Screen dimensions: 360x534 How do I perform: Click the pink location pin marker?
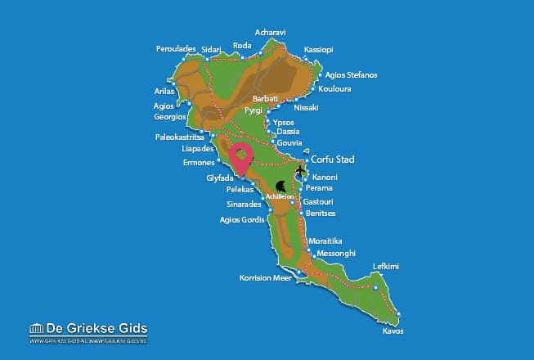coord(241,155)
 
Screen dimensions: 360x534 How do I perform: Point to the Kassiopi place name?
coord(318,50)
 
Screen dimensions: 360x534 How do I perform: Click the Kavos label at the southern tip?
coord(393,331)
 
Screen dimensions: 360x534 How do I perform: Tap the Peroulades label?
coord(176,49)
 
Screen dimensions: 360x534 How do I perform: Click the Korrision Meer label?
coord(266,278)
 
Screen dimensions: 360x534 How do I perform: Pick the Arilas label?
coord(164,91)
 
